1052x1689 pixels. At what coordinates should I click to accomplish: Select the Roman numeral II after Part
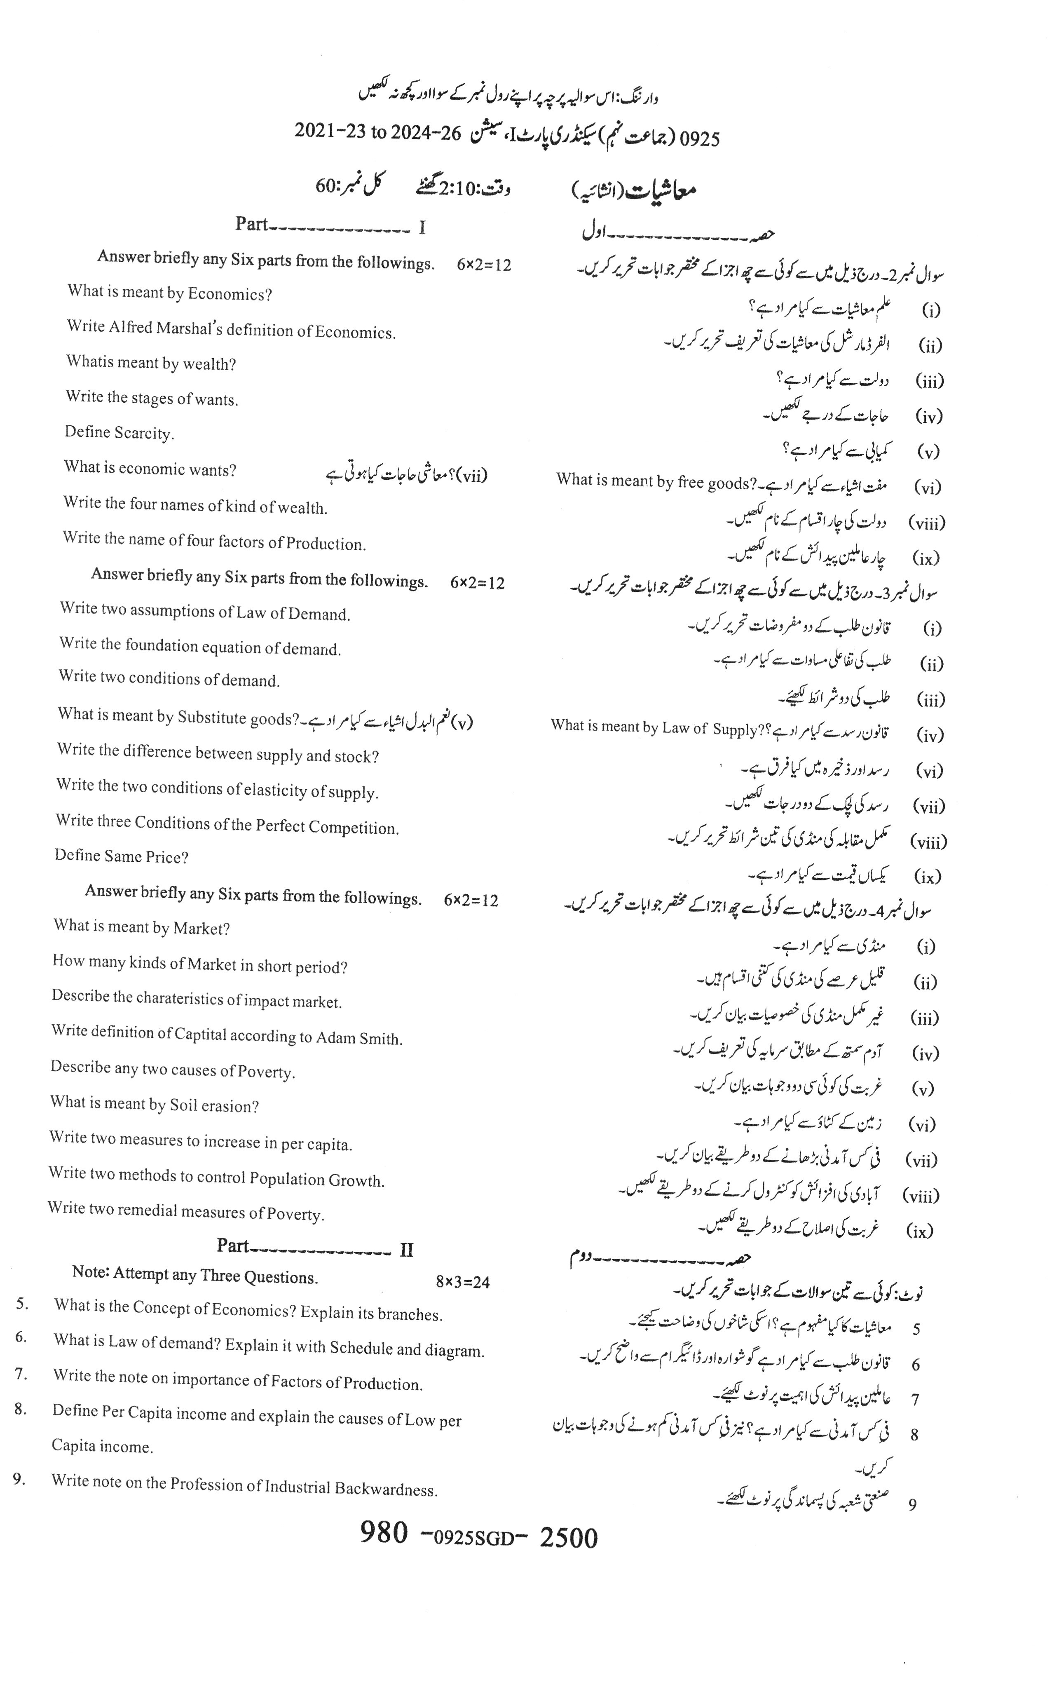click(406, 1250)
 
